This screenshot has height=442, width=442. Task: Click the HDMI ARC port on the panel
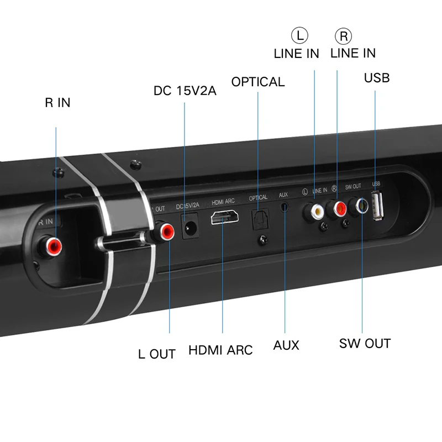pos(223,219)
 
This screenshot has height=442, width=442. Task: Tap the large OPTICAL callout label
pos(258,82)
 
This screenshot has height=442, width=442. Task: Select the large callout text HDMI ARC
pos(220,350)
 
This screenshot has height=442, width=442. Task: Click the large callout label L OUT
pos(157,354)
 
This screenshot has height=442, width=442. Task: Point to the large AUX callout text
pos(286,345)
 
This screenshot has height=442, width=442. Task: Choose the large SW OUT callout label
pos(365,343)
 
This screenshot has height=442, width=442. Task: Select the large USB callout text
pos(376,77)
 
